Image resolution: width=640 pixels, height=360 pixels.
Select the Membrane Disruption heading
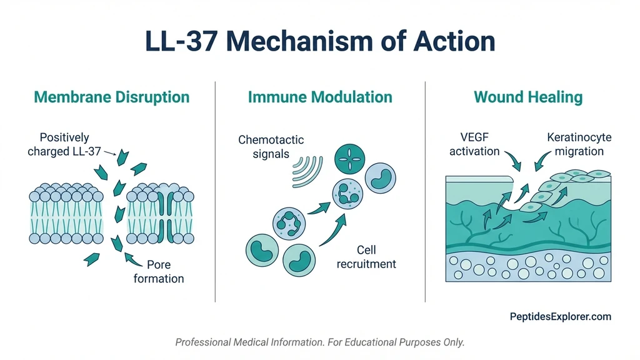pos(111,97)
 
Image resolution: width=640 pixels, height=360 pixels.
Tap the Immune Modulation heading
pos(320,97)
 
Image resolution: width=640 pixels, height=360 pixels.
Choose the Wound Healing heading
pos(528,97)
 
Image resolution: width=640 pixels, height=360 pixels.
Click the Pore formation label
pos(158,271)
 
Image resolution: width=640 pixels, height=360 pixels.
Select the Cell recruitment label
pos(366,257)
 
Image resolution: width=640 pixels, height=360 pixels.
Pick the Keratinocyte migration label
pos(579,144)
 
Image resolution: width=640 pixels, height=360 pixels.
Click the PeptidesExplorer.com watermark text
pos(560,317)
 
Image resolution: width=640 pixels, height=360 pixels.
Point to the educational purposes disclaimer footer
pos(320,342)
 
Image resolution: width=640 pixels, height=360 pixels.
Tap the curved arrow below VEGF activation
pos(516,161)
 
